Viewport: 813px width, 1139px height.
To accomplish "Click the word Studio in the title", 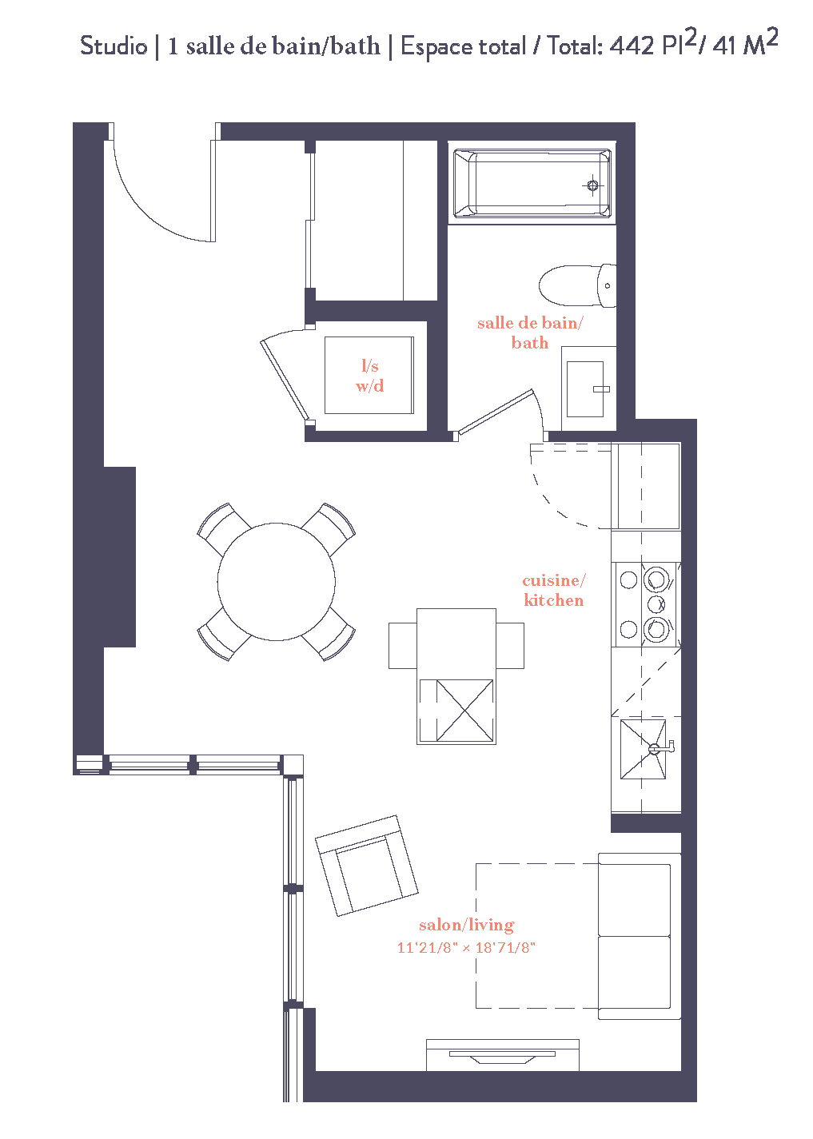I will tap(114, 46).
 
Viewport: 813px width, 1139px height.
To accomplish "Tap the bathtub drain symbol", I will tap(592, 185).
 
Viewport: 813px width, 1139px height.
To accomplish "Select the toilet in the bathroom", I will tap(574, 285).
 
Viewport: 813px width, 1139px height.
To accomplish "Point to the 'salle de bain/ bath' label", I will tap(529, 333).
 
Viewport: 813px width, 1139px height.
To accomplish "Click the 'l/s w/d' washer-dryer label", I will tap(369, 376).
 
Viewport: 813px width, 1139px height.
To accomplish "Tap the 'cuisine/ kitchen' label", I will tap(553, 590).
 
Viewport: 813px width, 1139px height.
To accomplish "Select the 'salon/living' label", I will tap(466, 925).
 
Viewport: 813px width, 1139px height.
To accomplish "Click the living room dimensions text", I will tap(466, 948).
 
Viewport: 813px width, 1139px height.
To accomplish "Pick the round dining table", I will tap(276, 581).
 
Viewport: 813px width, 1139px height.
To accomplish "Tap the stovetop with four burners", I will tap(646, 604).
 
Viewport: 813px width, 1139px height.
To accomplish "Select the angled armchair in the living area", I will tap(367, 866).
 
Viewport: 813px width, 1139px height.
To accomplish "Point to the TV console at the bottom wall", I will tap(502, 1055).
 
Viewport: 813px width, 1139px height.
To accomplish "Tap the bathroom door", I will tap(496, 412).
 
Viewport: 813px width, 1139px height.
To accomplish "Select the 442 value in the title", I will tap(632, 46).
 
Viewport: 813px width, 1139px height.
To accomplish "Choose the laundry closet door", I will tap(284, 376).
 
